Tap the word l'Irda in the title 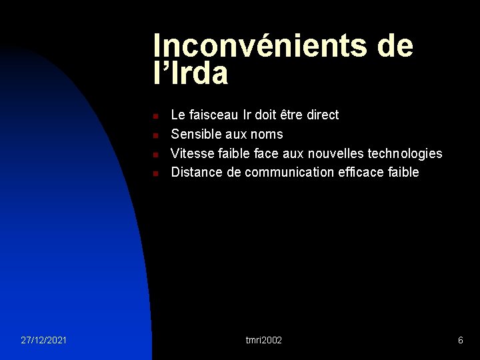191,74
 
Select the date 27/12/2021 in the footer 43,340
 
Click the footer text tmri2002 264,340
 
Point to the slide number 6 460,340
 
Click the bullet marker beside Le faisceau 155,116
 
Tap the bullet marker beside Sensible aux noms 155,135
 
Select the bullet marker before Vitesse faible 155,155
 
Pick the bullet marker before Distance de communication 155,173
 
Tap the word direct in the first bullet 323,115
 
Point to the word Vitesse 193,153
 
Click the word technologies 405,153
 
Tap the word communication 289,172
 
